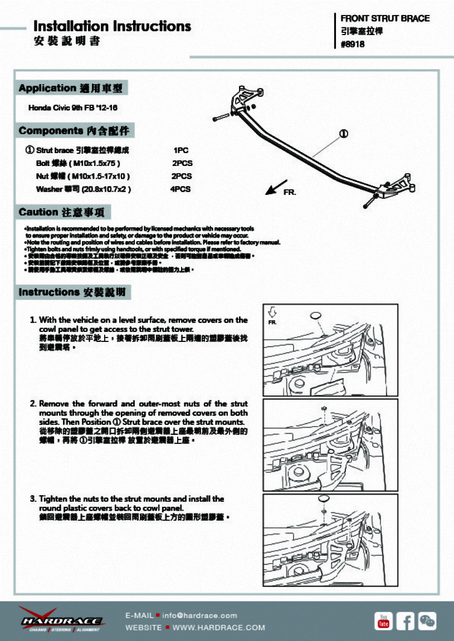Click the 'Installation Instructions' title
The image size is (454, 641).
[x=112, y=26]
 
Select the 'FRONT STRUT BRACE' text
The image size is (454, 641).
[x=385, y=18]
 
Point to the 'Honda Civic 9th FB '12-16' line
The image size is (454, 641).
[x=73, y=107]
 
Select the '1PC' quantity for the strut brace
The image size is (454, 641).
[x=182, y=150]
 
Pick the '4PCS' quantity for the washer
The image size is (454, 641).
[x=181, y=189]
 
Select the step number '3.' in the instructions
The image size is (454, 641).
[x=33, y=499]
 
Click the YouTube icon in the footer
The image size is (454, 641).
[x=384, y=620]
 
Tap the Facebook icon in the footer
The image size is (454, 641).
[x=406, y=620]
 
